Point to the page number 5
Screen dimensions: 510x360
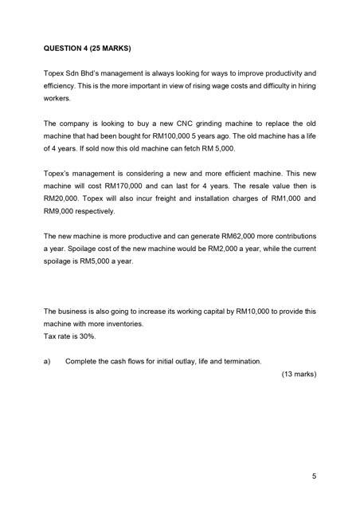coord(314,477)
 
